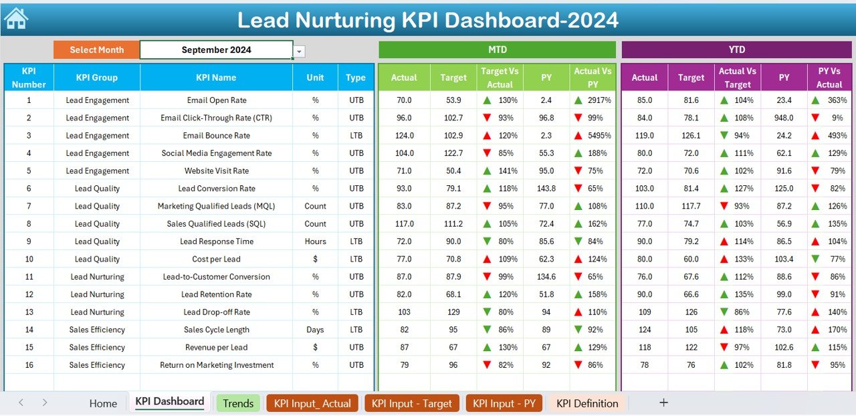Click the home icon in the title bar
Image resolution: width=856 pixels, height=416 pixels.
[x=16, y=19]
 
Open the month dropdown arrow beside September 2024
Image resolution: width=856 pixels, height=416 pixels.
[x=300, y=51]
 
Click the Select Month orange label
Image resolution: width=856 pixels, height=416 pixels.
[x=96, y=49]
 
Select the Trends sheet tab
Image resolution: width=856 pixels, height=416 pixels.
[x=238, y=403]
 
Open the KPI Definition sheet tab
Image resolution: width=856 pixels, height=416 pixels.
[x=587, y=403]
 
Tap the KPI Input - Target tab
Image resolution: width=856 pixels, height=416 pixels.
[x=412, y=403]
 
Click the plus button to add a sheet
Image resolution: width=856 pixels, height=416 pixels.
[x=663, y=403]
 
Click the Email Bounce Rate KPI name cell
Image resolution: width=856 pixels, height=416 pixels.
[x=216, y=136]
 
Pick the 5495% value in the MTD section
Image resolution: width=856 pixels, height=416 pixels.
[x=598, y=136]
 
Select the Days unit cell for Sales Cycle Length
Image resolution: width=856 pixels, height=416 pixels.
[x=315, y=330]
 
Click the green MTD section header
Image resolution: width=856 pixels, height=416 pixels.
[x=497, y=49]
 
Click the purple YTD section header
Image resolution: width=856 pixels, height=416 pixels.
[x=737, y=49]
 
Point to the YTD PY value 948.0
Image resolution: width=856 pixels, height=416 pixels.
[x=784, y=118]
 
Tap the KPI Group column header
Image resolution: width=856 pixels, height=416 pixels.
[x=96, y=78]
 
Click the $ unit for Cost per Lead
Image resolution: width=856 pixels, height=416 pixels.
[x=315, y=259]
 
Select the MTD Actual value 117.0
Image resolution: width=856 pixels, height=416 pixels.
[x=404, y=224]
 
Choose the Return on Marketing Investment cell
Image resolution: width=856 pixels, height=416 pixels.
[x=216, y=365]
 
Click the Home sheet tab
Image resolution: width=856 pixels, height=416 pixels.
[x=103, y=403]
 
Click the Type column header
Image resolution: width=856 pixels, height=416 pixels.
[x=355, y=78]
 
